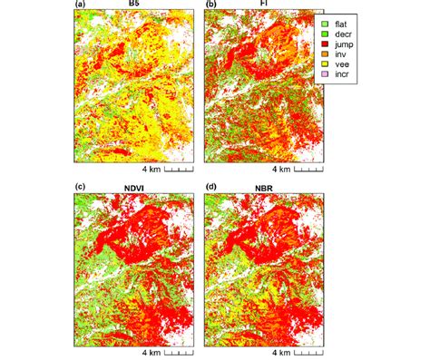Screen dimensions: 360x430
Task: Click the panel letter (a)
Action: pyautogui.click(x=68, y=5)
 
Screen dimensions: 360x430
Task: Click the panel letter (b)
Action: pyautogui.click(x=211, y=5)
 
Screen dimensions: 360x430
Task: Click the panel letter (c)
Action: pyautogui.click(x=68, y=188)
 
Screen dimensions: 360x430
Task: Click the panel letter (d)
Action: pyautogui.click(x=211, y=188)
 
